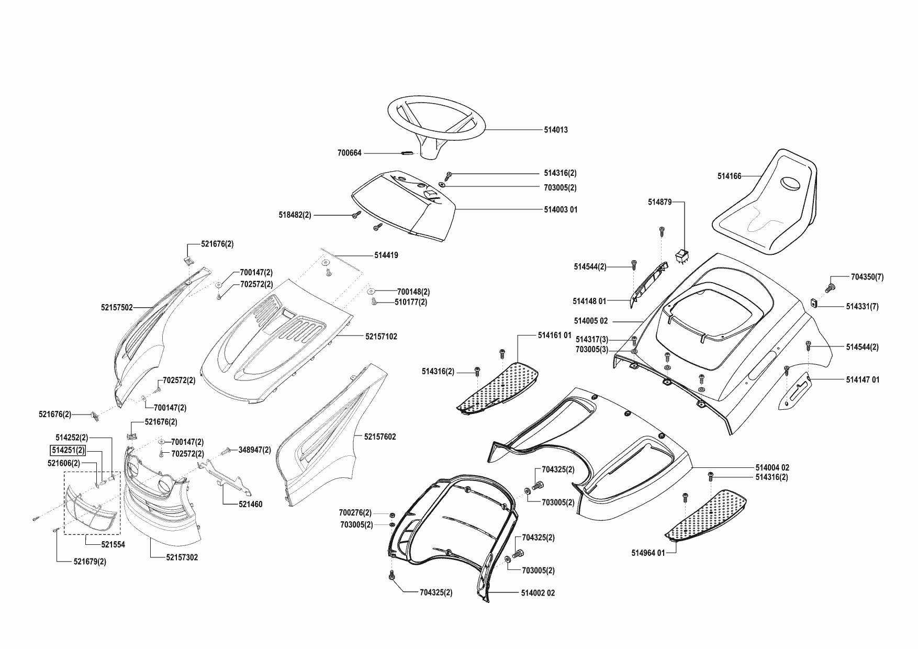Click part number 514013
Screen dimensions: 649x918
coord(556,130)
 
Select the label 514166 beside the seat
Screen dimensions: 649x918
coord(729,176)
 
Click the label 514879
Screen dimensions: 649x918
coord(659,202)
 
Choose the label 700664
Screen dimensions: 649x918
coord(349,153)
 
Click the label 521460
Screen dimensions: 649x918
coord(250,505)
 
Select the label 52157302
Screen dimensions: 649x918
coord(182,558)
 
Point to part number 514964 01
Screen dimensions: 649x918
coord(648,553)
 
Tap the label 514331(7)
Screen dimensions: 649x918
coord(862,307)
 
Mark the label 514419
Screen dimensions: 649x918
coord(386,255)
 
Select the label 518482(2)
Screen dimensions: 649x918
coord(295,215)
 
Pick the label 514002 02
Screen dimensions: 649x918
coord(538,593)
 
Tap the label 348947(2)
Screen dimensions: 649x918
coord(255,450)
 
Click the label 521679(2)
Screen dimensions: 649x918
coord(90,562)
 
